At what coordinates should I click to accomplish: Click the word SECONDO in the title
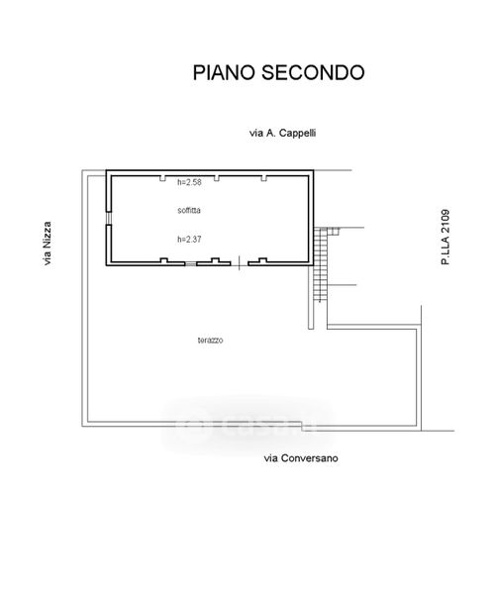tap(313, 72)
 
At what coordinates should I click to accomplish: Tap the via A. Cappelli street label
tap(283, 133)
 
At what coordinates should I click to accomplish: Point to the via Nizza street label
tap(47, 244)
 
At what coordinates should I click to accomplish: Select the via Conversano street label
tap(301, 458)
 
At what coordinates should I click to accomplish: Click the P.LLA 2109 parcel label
tap(446, 238)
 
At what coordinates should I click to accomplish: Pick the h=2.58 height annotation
tap(189, 182)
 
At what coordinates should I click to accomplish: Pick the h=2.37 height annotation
tap(189, 239)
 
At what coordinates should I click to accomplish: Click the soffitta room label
tap(189, 210)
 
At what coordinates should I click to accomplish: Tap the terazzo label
tap(210, 341)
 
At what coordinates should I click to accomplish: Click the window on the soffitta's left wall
tap(109, 218)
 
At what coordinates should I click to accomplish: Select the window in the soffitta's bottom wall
tap(191, 263)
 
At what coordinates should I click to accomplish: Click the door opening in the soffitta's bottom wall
tap(240, 263)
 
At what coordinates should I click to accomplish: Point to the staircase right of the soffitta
tap(321, 264)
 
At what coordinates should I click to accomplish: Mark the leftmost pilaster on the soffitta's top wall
tap(162, 178)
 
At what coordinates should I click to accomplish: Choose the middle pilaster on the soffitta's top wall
tap(217, 178)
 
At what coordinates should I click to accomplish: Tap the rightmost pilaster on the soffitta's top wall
tap(263, 178)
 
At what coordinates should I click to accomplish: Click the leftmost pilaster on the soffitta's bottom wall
tap(164, 260)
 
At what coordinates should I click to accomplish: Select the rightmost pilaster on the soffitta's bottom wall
tap(262, 260)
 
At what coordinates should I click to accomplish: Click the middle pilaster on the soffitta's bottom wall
tap(215, 260)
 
